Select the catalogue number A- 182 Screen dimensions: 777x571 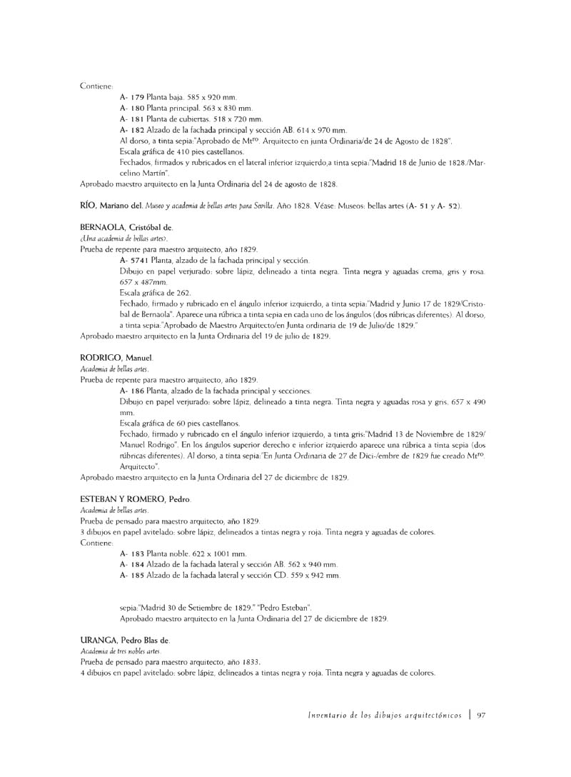pos(133,131)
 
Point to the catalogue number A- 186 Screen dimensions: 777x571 pos(133,391)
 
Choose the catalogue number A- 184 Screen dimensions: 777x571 pos(133,564)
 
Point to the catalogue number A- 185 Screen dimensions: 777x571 pos(133,575)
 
